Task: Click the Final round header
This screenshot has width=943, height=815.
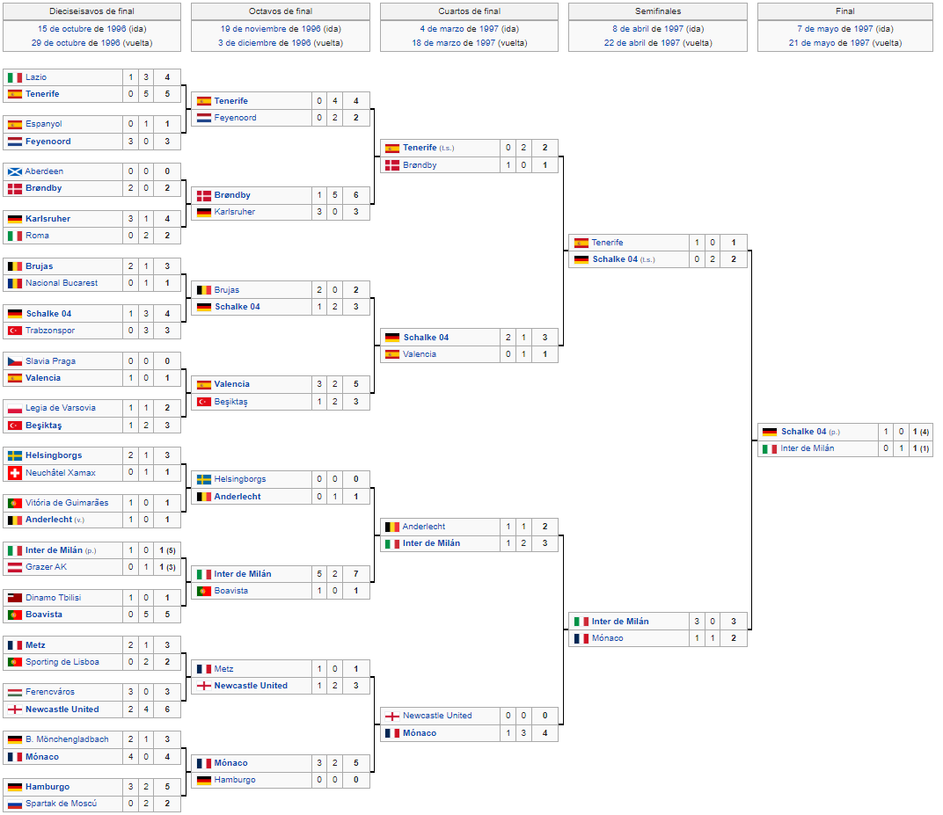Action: (x=845, y=11)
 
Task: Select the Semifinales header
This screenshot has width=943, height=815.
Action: (x=658, y=11)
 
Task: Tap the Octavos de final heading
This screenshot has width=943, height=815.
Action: (x=281, y=11)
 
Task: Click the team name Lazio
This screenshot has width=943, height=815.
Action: (x=36, y=77)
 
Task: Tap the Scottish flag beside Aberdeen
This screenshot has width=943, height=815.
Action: (x=15, y=171)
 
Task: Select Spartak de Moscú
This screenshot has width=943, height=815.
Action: (x=61, y=803)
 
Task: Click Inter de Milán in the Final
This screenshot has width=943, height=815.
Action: (x=807, y=448)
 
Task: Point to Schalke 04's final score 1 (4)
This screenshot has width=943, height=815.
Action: (x=921, y=432)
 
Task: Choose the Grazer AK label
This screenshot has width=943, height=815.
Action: (x=47, y=567)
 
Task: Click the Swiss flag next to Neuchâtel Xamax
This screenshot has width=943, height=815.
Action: (x=15, y=472)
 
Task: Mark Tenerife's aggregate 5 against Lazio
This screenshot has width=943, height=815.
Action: (x=167, y=94)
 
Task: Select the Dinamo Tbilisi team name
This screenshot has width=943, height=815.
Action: (x=53, y=598)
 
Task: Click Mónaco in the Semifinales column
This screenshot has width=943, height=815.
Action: (x=608, y=637)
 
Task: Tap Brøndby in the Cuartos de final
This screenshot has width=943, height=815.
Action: (x=420, y=164)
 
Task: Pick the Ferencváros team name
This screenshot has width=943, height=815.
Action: (x=50, y=692)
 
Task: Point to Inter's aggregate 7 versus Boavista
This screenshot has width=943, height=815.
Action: (x=356, y=573)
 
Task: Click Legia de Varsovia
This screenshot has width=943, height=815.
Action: (x=60, y=408)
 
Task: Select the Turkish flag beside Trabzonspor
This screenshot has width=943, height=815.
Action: (x=15, y=331)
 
